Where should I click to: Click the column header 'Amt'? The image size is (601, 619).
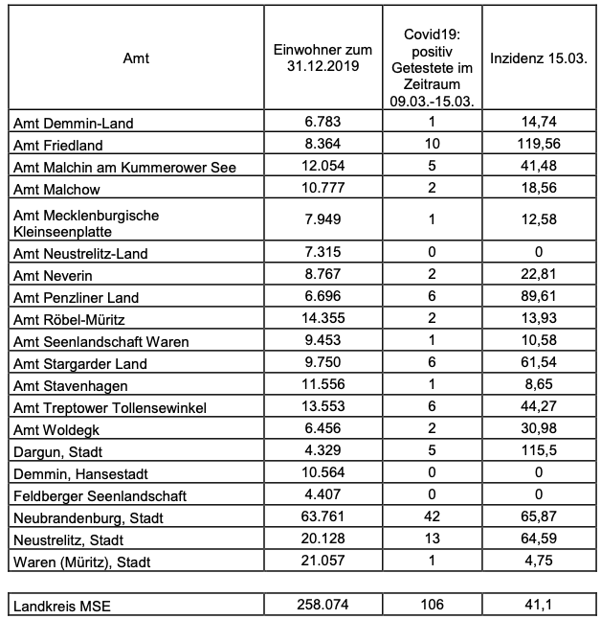(x=136, y=59)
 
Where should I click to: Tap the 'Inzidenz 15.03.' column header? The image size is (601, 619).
(x=537, y=59)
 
